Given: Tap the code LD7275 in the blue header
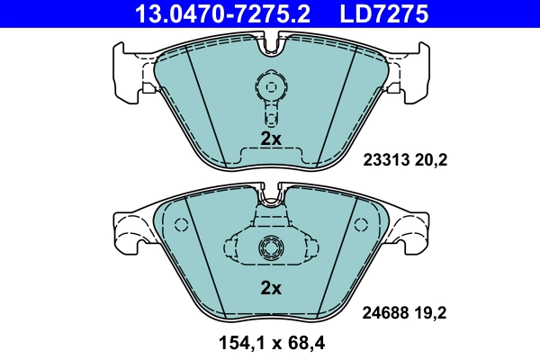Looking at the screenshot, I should click(x=382, y=13).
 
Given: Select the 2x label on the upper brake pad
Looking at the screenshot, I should click(x=271, y=139).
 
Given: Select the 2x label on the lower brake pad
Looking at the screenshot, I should click(x=271, y=289).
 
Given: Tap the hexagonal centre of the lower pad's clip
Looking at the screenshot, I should click(x=270, y=247).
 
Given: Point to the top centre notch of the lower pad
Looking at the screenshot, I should click(x=270, y=193).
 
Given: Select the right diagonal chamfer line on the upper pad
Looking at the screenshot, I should click(x=336, y=99).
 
